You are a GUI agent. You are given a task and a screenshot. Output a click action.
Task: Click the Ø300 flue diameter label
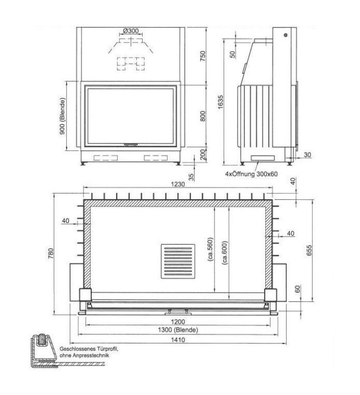click(131, 31)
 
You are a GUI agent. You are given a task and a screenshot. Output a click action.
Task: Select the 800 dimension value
click(203, 116)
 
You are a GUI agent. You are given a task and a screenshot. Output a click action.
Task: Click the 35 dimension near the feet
click(191, 177)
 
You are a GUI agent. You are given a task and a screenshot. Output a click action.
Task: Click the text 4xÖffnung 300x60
click(252, 174)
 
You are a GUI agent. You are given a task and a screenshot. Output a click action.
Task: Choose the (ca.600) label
click(224, 251)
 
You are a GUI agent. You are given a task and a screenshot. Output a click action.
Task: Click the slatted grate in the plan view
click(178, 262)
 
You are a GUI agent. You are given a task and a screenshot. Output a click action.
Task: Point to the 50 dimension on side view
click(233, 54)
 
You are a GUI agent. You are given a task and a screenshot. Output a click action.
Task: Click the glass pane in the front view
click(131, 116)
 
